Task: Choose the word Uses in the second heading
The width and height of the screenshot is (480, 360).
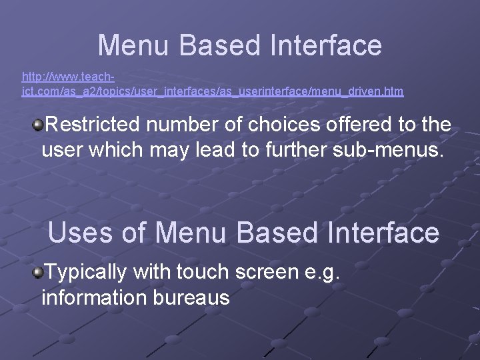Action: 82,233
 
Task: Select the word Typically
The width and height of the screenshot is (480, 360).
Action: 86,272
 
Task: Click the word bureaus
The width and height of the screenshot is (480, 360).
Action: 193,297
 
